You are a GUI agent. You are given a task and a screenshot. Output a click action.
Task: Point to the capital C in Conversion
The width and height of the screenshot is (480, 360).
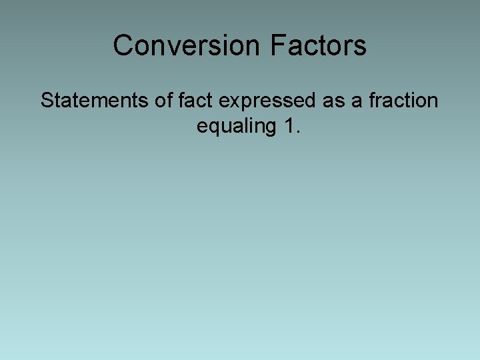click(x=123, y=45)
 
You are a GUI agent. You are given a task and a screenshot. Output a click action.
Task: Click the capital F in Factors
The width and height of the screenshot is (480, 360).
click(x=277, y=45)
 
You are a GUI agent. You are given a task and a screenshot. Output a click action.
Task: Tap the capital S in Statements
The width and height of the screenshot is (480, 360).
click(x=47, y=101)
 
